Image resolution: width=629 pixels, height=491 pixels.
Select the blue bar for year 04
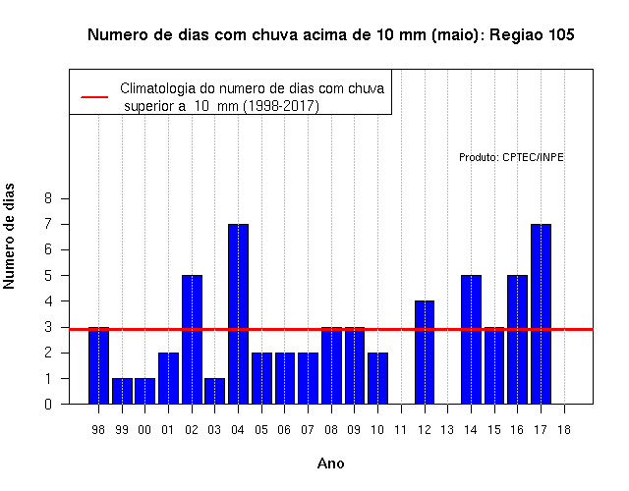click(238, 314)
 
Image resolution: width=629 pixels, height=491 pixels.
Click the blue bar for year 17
click(541, 314)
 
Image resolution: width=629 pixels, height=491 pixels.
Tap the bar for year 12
click(425, 353)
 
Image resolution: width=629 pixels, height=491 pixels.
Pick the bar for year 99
click(122, 391)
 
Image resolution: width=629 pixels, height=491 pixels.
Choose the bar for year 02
click(193, 340)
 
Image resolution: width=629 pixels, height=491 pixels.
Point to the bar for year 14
click(471, 340)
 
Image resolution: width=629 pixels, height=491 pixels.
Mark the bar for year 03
click(214, 391)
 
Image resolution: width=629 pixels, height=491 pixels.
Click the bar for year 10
click(377, 378)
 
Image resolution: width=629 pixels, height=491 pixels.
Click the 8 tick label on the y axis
click(48, 198)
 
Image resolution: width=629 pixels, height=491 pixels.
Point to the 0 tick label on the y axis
click(48, 404)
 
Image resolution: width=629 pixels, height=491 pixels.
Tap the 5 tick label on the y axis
click(48, 275)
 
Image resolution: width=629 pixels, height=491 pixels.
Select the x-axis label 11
click(400, 430)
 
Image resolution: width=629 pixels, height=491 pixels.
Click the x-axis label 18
click(564, 430)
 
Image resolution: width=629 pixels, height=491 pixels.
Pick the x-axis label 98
click(98, 430)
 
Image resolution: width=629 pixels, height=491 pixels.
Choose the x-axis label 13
click(447, 430)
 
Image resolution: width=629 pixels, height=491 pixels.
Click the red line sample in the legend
click(94, 97)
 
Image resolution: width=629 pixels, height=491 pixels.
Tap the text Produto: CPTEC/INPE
click(511, 157)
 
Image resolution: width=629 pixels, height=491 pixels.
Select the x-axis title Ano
click(331, 464)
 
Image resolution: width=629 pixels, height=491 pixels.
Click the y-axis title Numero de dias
click(9, 236)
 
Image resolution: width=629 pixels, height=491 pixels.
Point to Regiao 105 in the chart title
click(532, 35)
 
